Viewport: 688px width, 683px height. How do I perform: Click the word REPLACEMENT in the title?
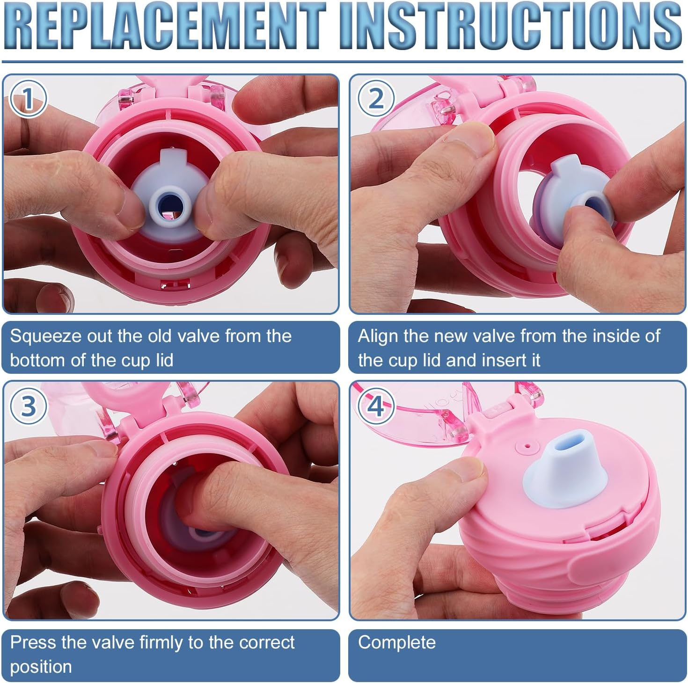pyautogui.click(x=165, y=26)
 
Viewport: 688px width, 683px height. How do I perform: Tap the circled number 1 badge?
pyautogui.click(x=28, y=98)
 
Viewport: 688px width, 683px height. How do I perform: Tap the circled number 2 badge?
pyautogui.click(x=376, y=99)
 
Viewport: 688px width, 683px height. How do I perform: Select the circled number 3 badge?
pyautogui.click(x=29, y=406)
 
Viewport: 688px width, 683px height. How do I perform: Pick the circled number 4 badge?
pyautogui.click(x=376, y=406)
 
